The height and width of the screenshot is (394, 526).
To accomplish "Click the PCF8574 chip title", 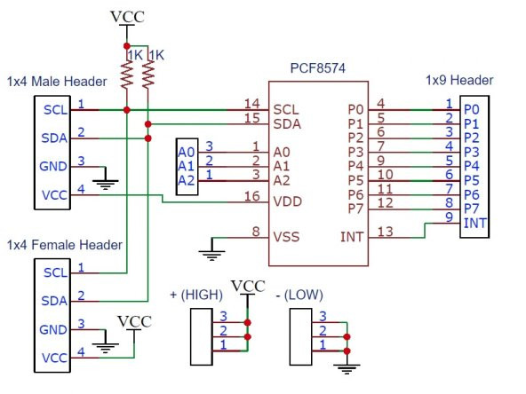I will click(x=316, y=68).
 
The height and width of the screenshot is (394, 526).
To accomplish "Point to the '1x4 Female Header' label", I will click(x=64, y=244).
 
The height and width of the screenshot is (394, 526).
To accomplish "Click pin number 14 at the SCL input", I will click(x=251, y=104).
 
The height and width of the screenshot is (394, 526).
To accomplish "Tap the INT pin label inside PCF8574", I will click(x=352, y=237).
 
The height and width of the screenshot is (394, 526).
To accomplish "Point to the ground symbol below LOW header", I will click(x=348, y=367).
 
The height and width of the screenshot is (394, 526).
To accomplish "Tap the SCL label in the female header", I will click(x=54, y=272).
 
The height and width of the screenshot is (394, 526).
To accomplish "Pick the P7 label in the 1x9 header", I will click(x=471, y=208).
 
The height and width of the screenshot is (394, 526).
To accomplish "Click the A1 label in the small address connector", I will click(x=186, y=165).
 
